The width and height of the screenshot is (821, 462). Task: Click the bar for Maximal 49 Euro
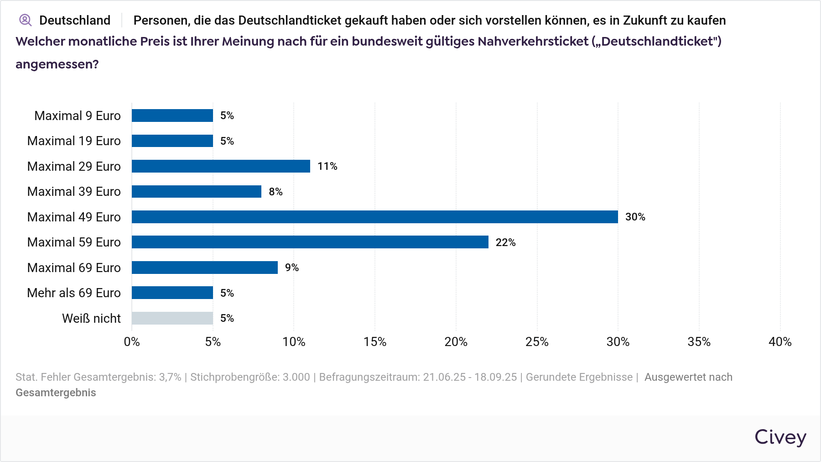tap(374, 217)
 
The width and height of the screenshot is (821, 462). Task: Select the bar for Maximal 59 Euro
tap(310, 242)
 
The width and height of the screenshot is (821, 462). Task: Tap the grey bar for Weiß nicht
tap(172, 318)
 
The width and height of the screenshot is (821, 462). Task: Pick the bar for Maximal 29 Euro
tap(221, 166)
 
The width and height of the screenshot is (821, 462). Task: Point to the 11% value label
tap(327, 166)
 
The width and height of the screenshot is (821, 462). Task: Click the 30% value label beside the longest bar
tap(635, 217)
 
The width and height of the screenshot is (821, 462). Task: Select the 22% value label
tap(505, 242)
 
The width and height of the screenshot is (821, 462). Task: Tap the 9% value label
tap(291, 268)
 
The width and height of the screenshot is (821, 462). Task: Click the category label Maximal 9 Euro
tap(78, 115)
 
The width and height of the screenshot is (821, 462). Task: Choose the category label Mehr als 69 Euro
tap(74, 293)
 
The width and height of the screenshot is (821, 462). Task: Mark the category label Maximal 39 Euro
tap(74, 191)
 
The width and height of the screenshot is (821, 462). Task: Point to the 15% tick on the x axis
tap(375, 342)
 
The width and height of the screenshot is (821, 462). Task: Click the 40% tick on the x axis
tap(780, 342)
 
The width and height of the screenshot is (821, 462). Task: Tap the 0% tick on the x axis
tap(132, 342)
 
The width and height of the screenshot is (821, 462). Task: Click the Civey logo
tap(780, 437)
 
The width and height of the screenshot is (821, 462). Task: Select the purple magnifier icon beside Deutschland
tap(25, 20)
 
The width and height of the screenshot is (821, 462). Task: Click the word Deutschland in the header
tap(75, 21)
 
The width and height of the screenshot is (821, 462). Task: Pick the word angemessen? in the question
tap(57, 64)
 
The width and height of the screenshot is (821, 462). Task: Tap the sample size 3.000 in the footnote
tap(296, 377)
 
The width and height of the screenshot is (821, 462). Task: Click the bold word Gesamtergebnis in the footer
tap(56, 393)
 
